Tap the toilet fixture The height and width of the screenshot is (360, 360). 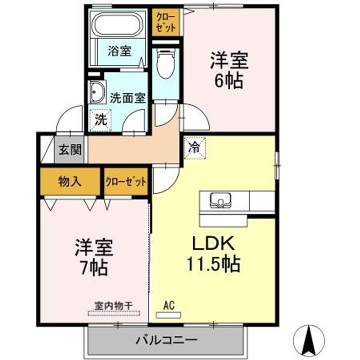coord(165,63)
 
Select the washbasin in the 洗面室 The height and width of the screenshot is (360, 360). coord(97,92)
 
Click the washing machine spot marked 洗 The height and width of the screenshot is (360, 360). coord(100,120)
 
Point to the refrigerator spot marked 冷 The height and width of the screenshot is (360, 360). coord(194,148)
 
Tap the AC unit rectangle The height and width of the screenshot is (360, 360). coord(168,315)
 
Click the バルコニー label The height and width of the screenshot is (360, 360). coord(166,339)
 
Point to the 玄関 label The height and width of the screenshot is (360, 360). coord(70,150)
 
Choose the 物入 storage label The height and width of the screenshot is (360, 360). coord(70,182)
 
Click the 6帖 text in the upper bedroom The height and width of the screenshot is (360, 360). coord(228,81)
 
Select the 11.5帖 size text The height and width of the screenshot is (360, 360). coord(213,264)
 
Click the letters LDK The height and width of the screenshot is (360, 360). coord(213,243)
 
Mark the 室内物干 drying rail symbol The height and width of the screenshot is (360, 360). coord(114,313)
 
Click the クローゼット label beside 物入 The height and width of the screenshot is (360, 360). coord(125,181)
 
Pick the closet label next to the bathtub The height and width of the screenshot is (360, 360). coord(165,22)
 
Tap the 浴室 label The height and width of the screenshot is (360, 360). coord(119,50)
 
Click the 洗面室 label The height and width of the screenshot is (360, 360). coord(127,98)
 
